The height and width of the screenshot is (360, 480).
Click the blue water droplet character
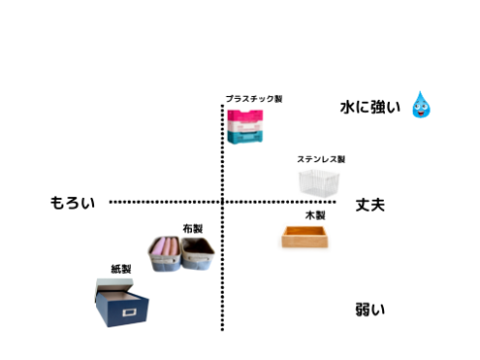click(x=423, y=104)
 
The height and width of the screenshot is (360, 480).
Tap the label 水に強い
click(x=370, y=107)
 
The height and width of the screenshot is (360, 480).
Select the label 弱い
click(x=370, y=310)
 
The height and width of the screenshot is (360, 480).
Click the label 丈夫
click(x=370, y=204)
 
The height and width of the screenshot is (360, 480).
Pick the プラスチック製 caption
click(x=253, y=99)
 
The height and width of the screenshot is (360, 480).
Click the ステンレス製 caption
click(x=321, y=158)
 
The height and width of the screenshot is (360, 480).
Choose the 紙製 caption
click(x=121, y=268)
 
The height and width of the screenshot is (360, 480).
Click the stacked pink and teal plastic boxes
click(x=248, y=127)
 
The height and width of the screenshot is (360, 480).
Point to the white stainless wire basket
click(x=319, y=181)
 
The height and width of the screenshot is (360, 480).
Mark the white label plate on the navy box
click(x=127, y=315)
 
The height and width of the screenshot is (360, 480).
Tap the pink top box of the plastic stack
click(x=248, y=117)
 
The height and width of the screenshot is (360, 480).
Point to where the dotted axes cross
click(x=222, y=203)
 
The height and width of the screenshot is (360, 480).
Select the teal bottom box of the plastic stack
click(x=247, y=137)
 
